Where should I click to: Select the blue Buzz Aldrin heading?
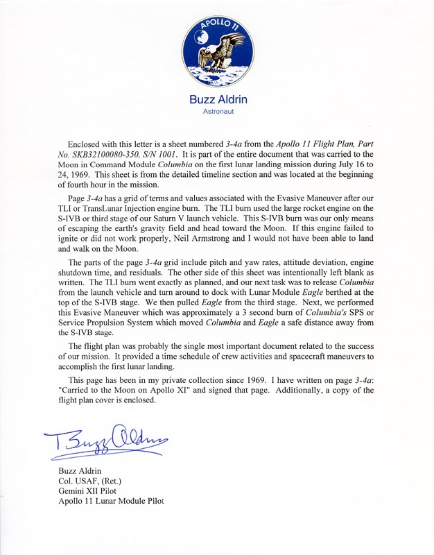pyautogui.click(x=217, y=99)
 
